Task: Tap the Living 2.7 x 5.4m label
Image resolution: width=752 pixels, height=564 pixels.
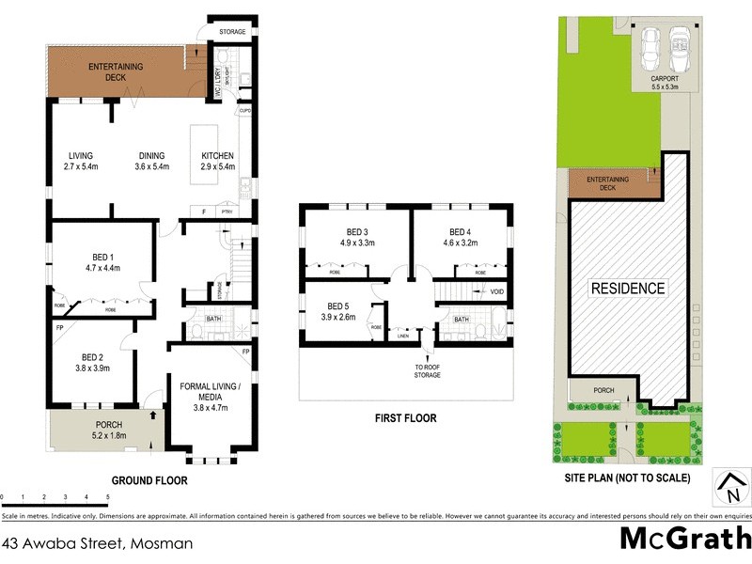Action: [81, 162]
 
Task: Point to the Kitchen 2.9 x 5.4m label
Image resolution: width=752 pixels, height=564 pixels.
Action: [217, 162]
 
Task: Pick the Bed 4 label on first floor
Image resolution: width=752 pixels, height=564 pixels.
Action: [460, 237]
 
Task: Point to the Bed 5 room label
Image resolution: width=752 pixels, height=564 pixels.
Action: [337, 311]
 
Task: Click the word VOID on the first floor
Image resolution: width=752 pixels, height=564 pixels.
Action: [497, 292]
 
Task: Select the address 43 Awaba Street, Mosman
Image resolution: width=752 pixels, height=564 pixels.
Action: [98, 543]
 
